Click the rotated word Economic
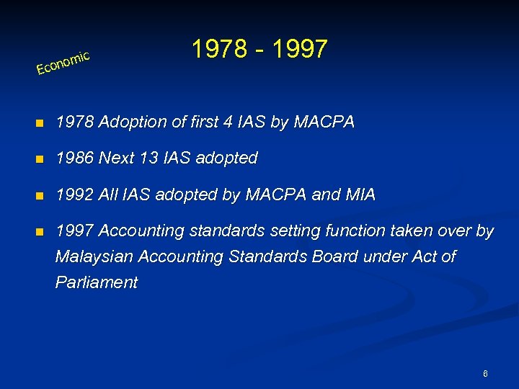(63, 63)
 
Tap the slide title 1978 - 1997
(259, 49)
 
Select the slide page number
(486, 374)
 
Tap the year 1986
(74, 158)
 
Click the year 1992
(74, 194)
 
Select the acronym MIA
(360, 194)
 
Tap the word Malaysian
(94, 257)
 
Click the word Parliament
(97, 282)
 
